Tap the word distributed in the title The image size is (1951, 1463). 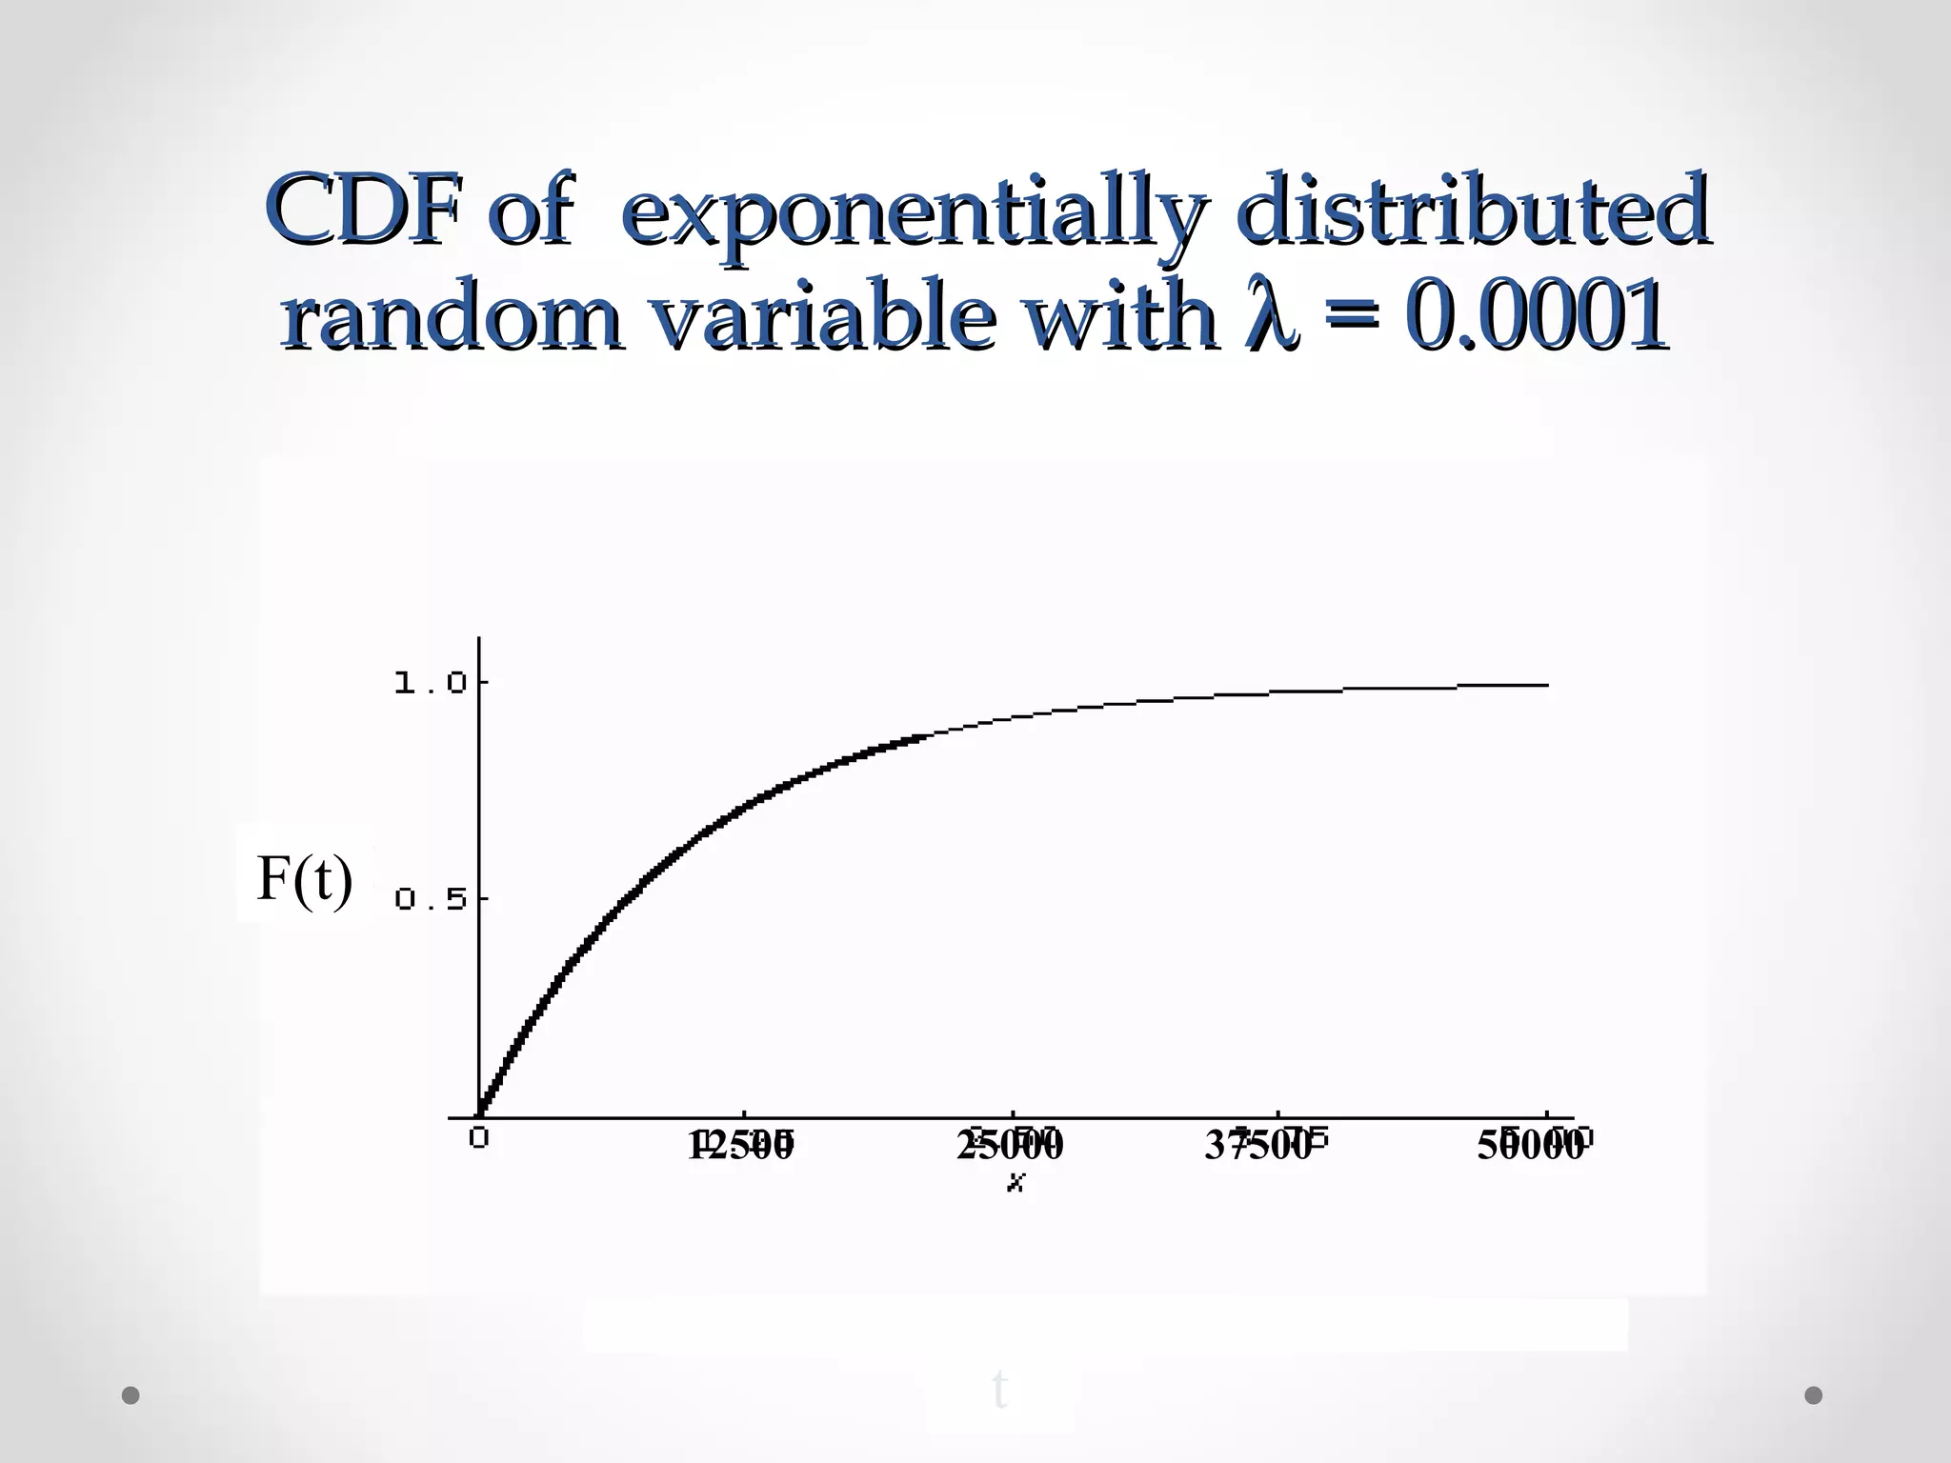1472,209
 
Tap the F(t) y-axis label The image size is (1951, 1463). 305,878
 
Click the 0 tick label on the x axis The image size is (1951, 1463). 478,1137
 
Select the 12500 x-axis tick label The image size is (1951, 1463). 741,1145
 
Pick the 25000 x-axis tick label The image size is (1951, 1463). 1010,1145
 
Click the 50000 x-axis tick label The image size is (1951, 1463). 1530,1145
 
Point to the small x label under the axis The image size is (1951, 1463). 1016,1183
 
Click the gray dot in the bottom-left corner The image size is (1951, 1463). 131,1395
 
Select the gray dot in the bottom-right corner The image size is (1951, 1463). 1814,1395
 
